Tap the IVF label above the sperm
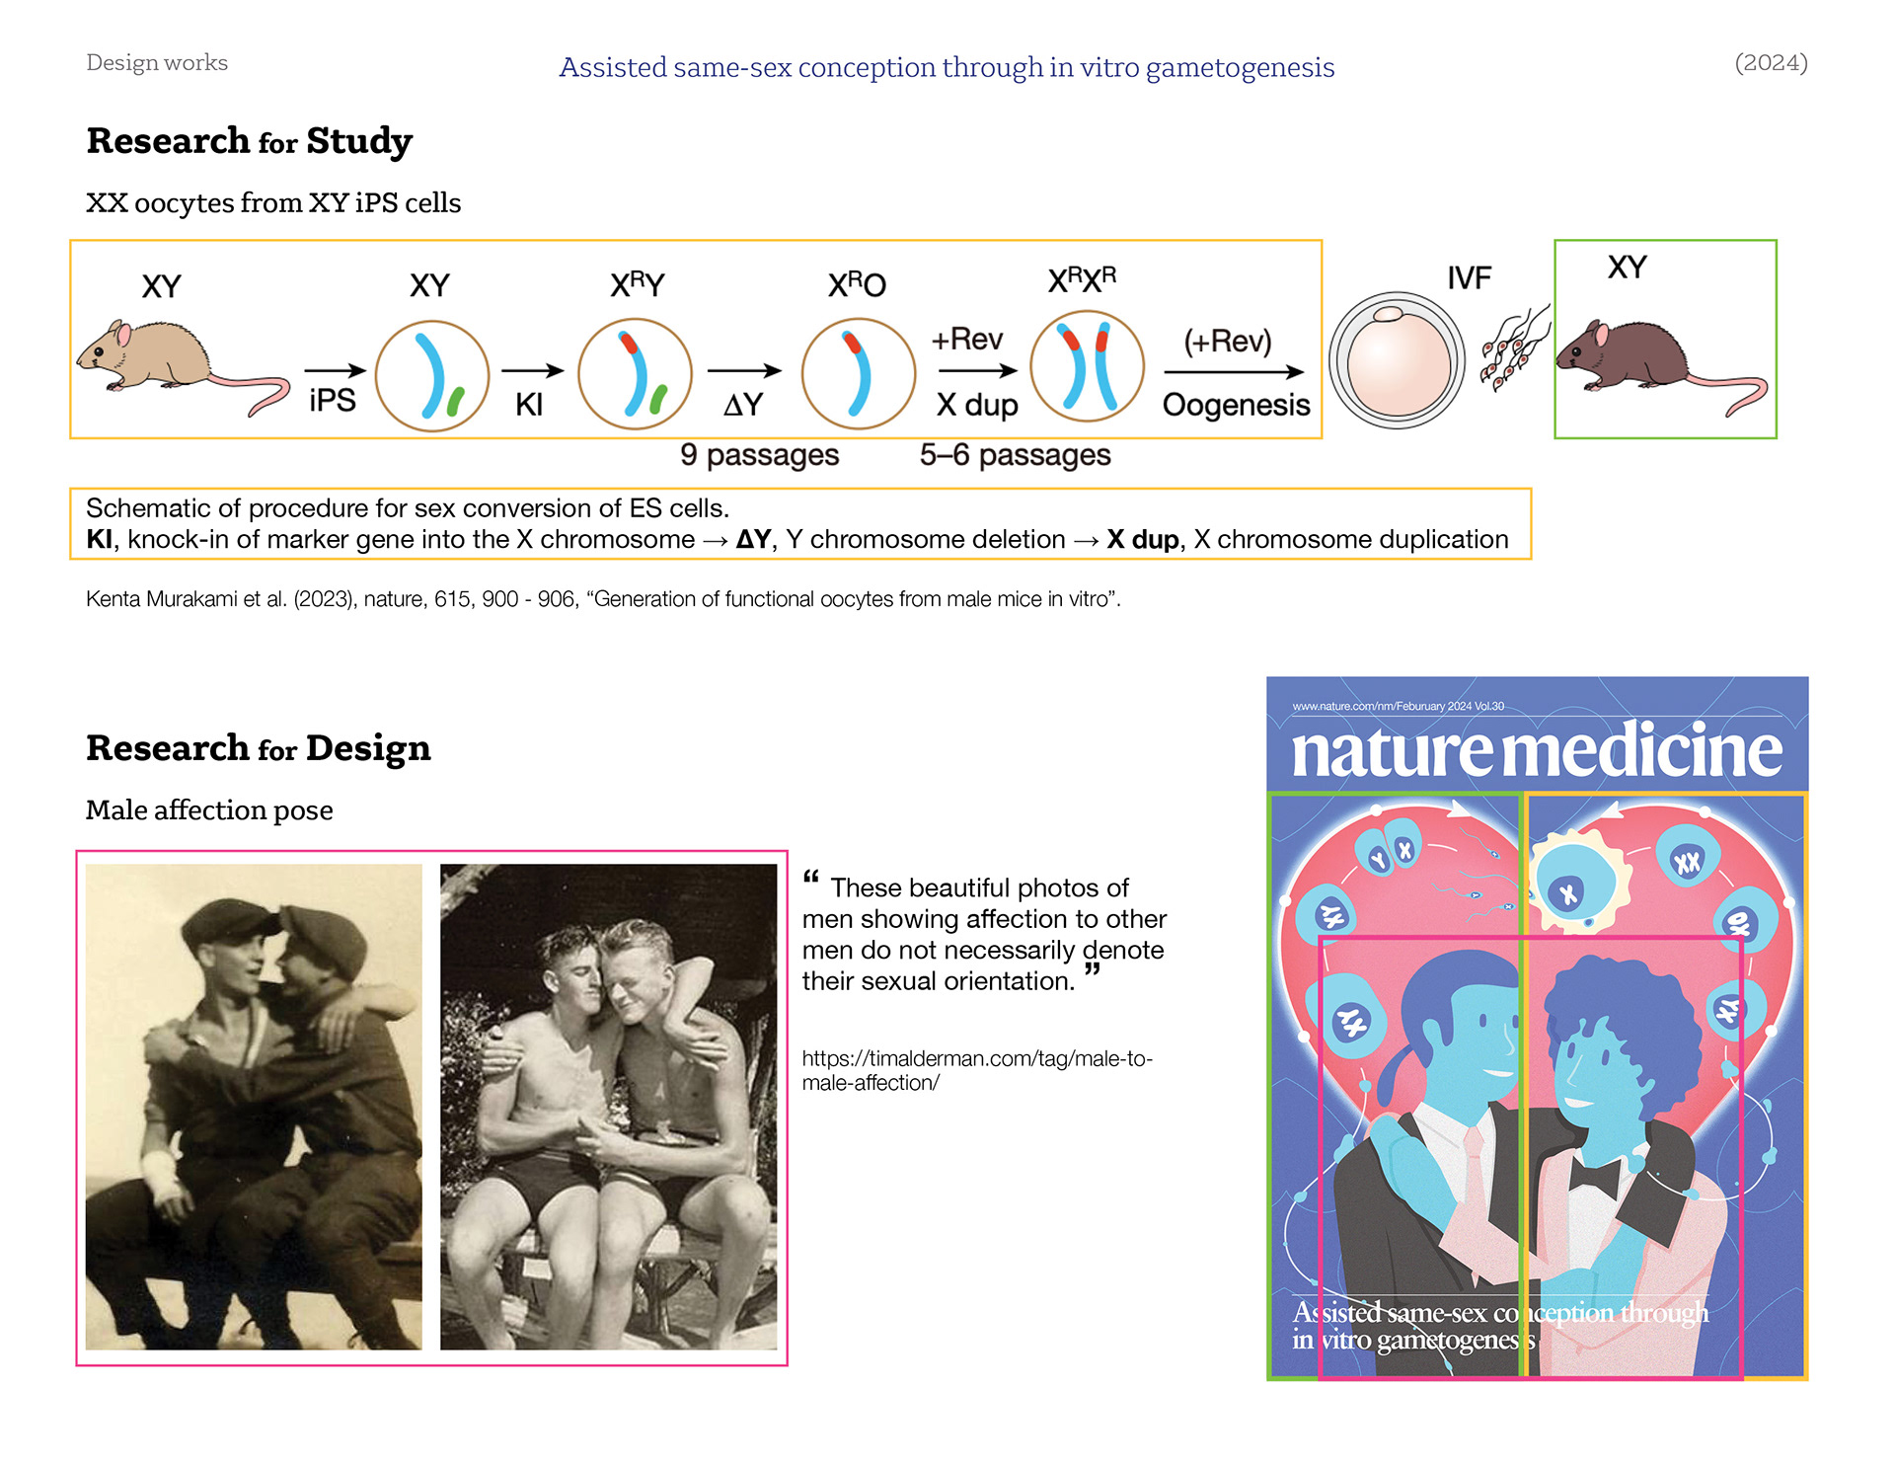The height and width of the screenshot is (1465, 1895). tap(1469, 278)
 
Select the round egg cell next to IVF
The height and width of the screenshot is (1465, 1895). tap(1397, 360)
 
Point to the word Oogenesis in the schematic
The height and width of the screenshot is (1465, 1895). tap(1236, 405)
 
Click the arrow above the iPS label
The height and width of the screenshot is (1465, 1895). tap(335, 371)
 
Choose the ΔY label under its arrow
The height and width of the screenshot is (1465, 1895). tap(743, 405)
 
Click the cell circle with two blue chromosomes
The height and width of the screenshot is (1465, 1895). tap(1087, 366)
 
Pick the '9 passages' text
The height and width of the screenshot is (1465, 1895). tap(759, 455)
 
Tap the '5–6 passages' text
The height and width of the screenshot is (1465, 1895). tap(1015, 455)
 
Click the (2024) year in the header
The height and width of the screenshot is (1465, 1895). tap(1771, 63)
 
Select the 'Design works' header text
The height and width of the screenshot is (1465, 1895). tap(157, 63)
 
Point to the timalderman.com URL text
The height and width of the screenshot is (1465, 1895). tap(976, 1070)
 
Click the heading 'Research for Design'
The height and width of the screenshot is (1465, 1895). tap(259, 748)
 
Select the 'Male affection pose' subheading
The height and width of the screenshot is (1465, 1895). tap(209, 810)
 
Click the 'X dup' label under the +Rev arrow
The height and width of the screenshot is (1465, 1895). tap(976, 405)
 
